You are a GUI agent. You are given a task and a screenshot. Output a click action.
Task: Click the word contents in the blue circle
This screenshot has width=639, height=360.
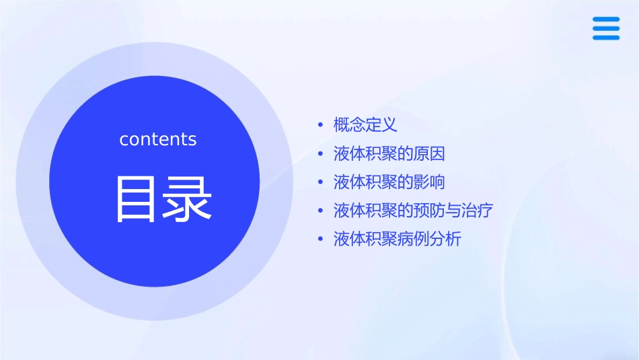click(x=158, y=139)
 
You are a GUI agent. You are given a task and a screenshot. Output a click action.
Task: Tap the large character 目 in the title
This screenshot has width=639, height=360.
click(x=133, y=199)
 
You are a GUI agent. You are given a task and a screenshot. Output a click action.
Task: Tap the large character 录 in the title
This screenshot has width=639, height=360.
click(x=184, y=199)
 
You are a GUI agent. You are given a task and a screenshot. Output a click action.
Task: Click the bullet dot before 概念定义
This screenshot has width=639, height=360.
click(x=321, y=125)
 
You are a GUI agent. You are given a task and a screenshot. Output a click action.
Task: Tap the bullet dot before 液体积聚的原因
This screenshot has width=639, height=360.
click(x=321, y=154)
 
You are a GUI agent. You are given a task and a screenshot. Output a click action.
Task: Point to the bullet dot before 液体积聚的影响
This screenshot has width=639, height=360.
click(x=321, y=182)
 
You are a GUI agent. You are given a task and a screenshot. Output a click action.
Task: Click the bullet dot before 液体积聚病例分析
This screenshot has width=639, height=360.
click(x=321, y=240)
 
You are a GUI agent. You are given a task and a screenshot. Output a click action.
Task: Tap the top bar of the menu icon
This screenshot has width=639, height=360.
click(x=606, y=20)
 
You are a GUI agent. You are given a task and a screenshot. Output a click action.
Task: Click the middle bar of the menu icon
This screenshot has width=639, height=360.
click(x=606, y=28)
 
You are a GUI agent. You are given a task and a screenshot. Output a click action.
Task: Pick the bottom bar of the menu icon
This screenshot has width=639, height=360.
click(x=606, y=37)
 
